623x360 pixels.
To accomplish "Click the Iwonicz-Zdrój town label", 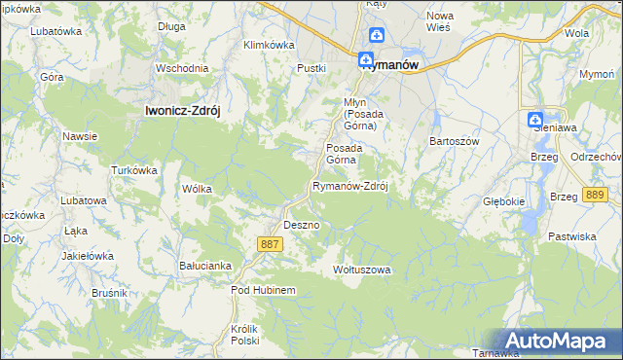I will click(182, 111).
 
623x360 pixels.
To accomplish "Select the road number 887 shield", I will click(272, 243).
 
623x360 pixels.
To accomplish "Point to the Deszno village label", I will click(301, 225).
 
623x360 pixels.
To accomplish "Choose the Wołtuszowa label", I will click(361, 269).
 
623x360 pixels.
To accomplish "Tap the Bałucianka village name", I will click(204, 265).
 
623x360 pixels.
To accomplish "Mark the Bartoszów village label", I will click(456, 140).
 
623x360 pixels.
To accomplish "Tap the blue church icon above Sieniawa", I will click(535, 121).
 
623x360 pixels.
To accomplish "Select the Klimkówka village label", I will click(268, 45).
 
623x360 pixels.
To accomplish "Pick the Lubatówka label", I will click(55, 31).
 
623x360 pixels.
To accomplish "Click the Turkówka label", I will click(134, 170).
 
